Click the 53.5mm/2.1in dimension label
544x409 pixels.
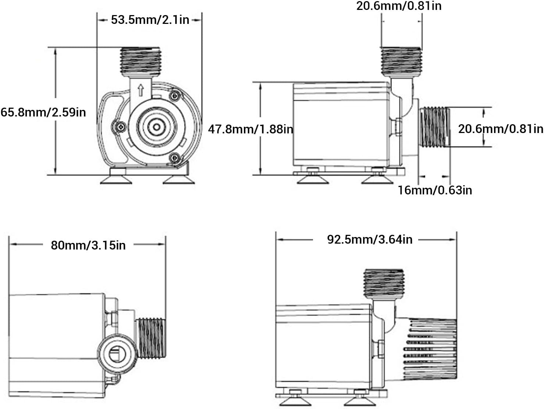(x=150, y=19)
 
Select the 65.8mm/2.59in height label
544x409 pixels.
(x=43, y=112)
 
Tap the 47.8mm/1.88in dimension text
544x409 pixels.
(x=250, y=129)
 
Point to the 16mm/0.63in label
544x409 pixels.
(x=435, y=190)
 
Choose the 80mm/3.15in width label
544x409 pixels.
(x=88, y=245)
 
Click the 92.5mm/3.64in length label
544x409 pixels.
(x=370, y=240)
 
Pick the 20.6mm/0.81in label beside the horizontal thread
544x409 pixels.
(x=500, y=129)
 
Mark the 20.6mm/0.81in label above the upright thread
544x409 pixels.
(x=399, y=6)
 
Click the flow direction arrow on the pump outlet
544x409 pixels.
(x=141, y=90)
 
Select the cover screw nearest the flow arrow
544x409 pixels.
(x=175, y=96)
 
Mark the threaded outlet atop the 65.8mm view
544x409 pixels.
(x=140, y=62)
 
